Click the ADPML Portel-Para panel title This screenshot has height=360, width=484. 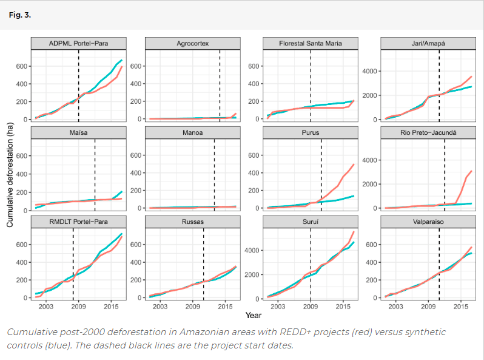point(79,44)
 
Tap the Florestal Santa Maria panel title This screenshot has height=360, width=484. point(311,44)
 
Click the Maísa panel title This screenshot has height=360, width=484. point(79,132)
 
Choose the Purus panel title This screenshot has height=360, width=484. point(311,132)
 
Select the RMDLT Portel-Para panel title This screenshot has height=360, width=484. point(79,222)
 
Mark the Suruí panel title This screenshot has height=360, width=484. point(311,222)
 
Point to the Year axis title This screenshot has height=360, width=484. point(254,315)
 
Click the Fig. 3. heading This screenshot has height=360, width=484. point(20,14)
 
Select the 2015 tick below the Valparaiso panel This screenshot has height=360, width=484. point(461,307)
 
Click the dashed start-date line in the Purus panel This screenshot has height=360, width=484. point(321,176)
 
